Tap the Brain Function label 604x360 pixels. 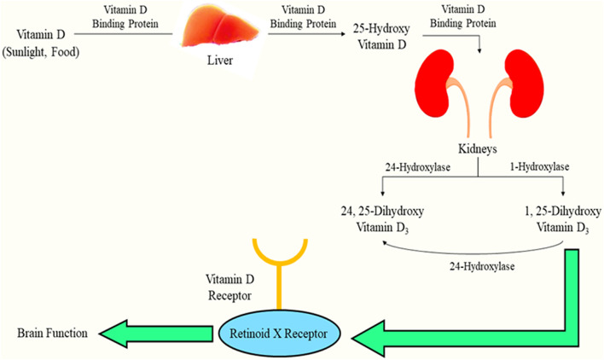coord(50,333)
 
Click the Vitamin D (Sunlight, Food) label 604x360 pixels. coord(50,41)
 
